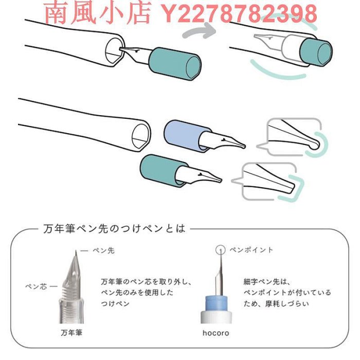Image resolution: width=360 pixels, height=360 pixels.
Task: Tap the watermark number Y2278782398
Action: pyautogui.click(x=237, y=14)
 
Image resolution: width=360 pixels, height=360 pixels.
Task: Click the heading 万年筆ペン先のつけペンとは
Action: pyautogui.click(x=115, y=228)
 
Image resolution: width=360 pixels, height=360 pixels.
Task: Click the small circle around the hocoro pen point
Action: pyautogui.click(x=221, y=249)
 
